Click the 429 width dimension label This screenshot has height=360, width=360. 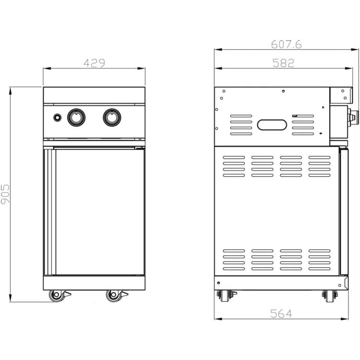coord(94,63)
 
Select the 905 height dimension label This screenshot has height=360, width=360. coord(6,194)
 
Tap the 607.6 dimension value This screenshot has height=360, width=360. coord(286,44)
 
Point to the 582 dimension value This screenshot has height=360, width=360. coord(283,63)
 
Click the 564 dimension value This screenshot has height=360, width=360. coord(281,314)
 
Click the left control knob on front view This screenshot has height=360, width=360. coord(76,117)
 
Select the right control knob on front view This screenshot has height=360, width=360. coord(112,117)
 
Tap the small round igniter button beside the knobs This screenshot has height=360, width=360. coord(57,117)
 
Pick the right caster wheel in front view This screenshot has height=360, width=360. coord(114,296)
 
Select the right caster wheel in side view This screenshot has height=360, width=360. coord(330,295)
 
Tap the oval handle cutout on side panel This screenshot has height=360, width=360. coord(272,125)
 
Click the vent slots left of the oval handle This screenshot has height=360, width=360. coord(241,125)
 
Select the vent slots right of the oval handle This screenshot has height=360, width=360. coord(303,125)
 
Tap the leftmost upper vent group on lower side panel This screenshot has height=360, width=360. coord(234,166)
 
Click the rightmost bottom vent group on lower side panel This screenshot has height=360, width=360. coord(319,259)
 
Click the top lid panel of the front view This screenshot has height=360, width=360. coord(94,95)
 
